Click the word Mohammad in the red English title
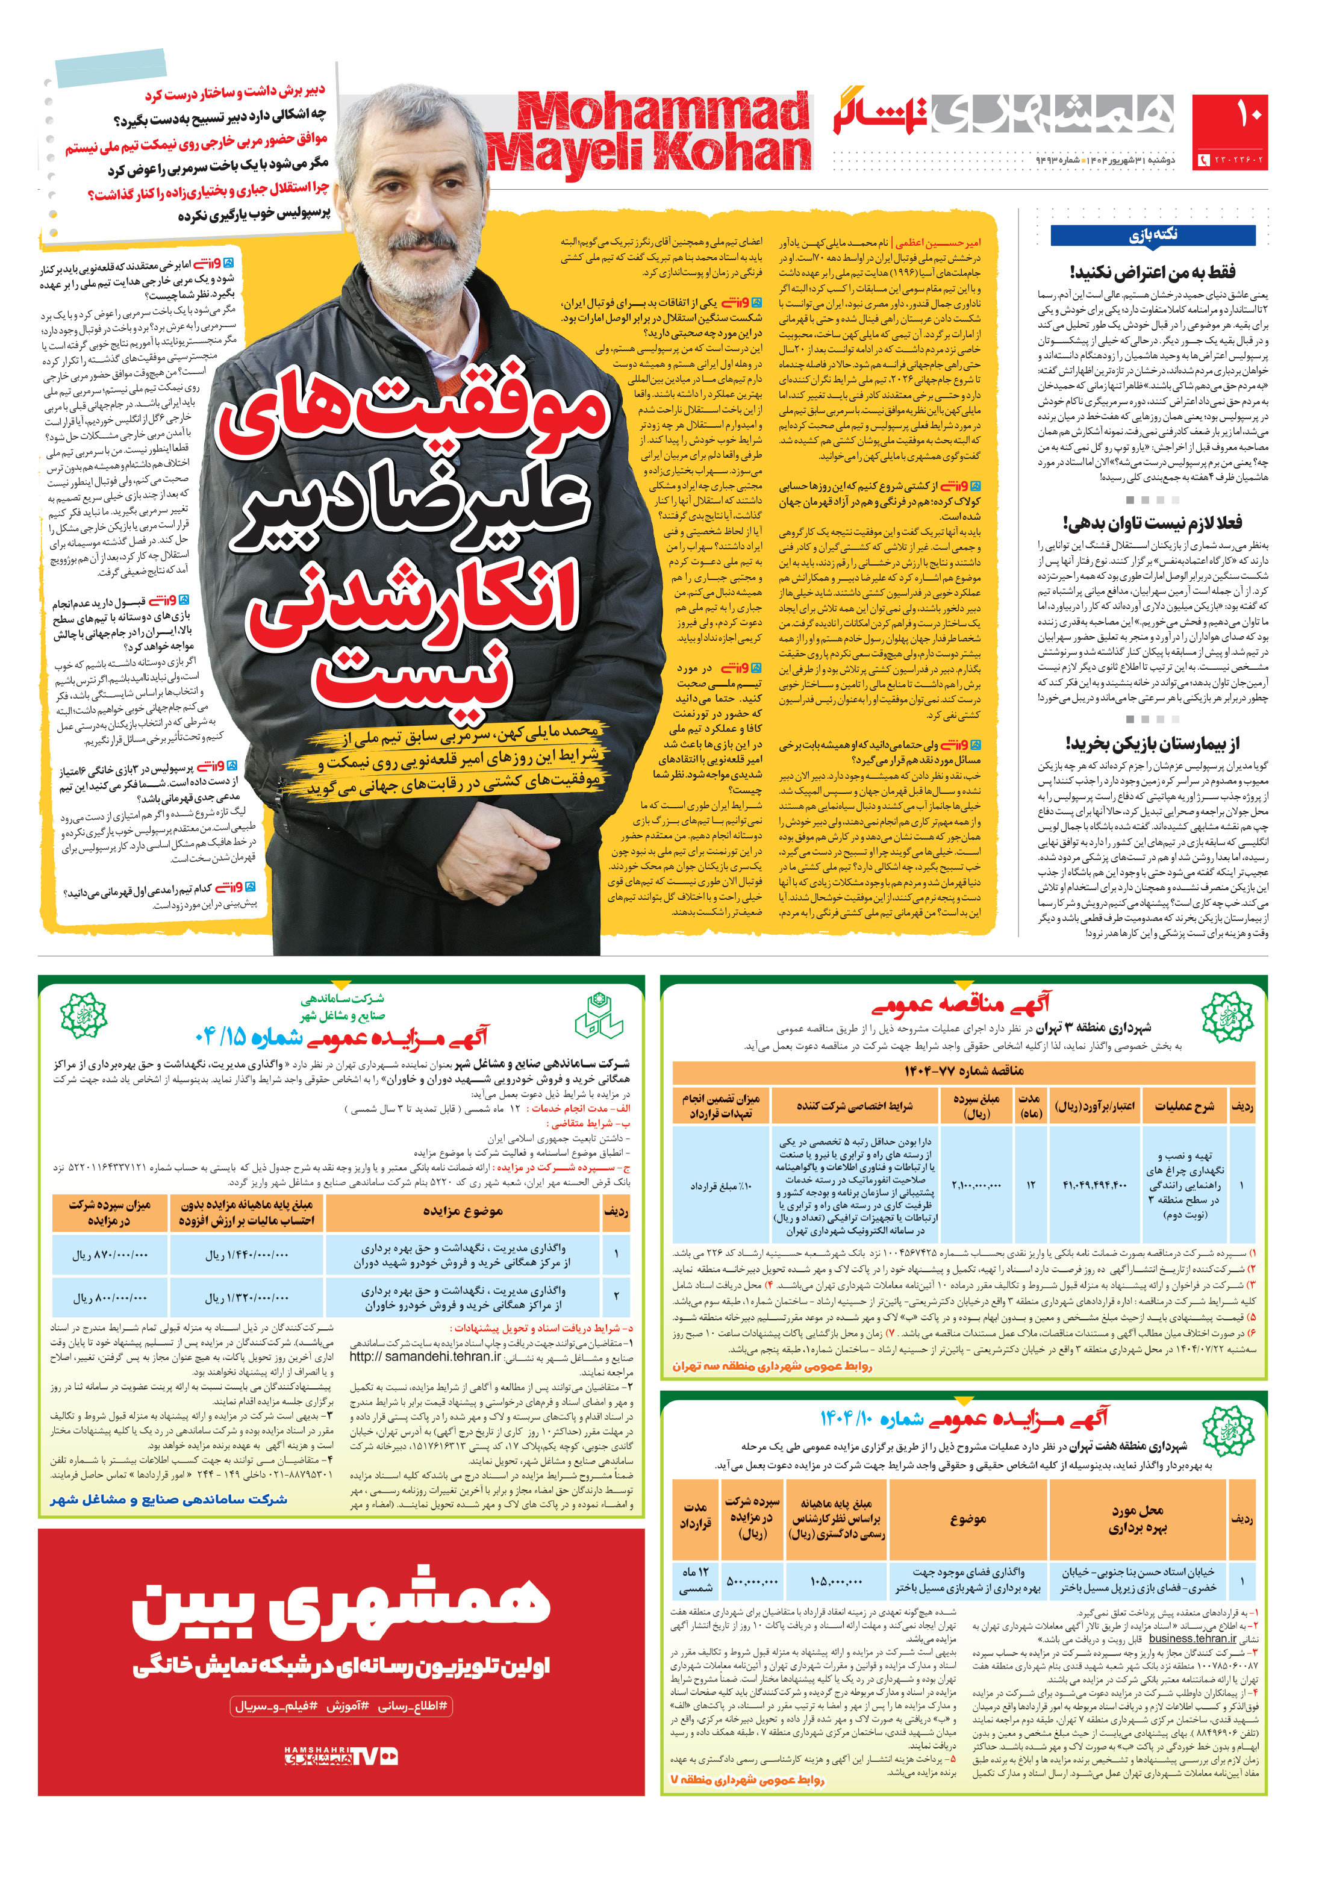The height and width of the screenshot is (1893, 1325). pyautogui.click(x=663, y=111)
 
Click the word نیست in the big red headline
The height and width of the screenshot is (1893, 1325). pyautogui.click(x=413, y=676)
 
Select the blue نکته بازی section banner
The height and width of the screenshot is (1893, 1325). pyautogui.click(x=1152, y=235)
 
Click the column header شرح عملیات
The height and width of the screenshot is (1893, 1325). pyautogui.click(x=1184, y=1106)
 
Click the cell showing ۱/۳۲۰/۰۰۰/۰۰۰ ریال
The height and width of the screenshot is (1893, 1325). pyautogui.click(x=246, y=1298)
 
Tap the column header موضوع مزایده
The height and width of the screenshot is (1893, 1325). pyautogui.click(x=463, y=1211)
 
